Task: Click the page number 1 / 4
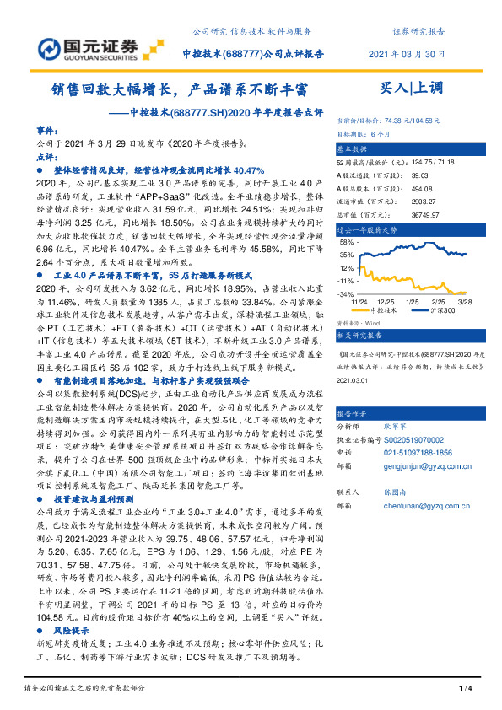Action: pos(463,689)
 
